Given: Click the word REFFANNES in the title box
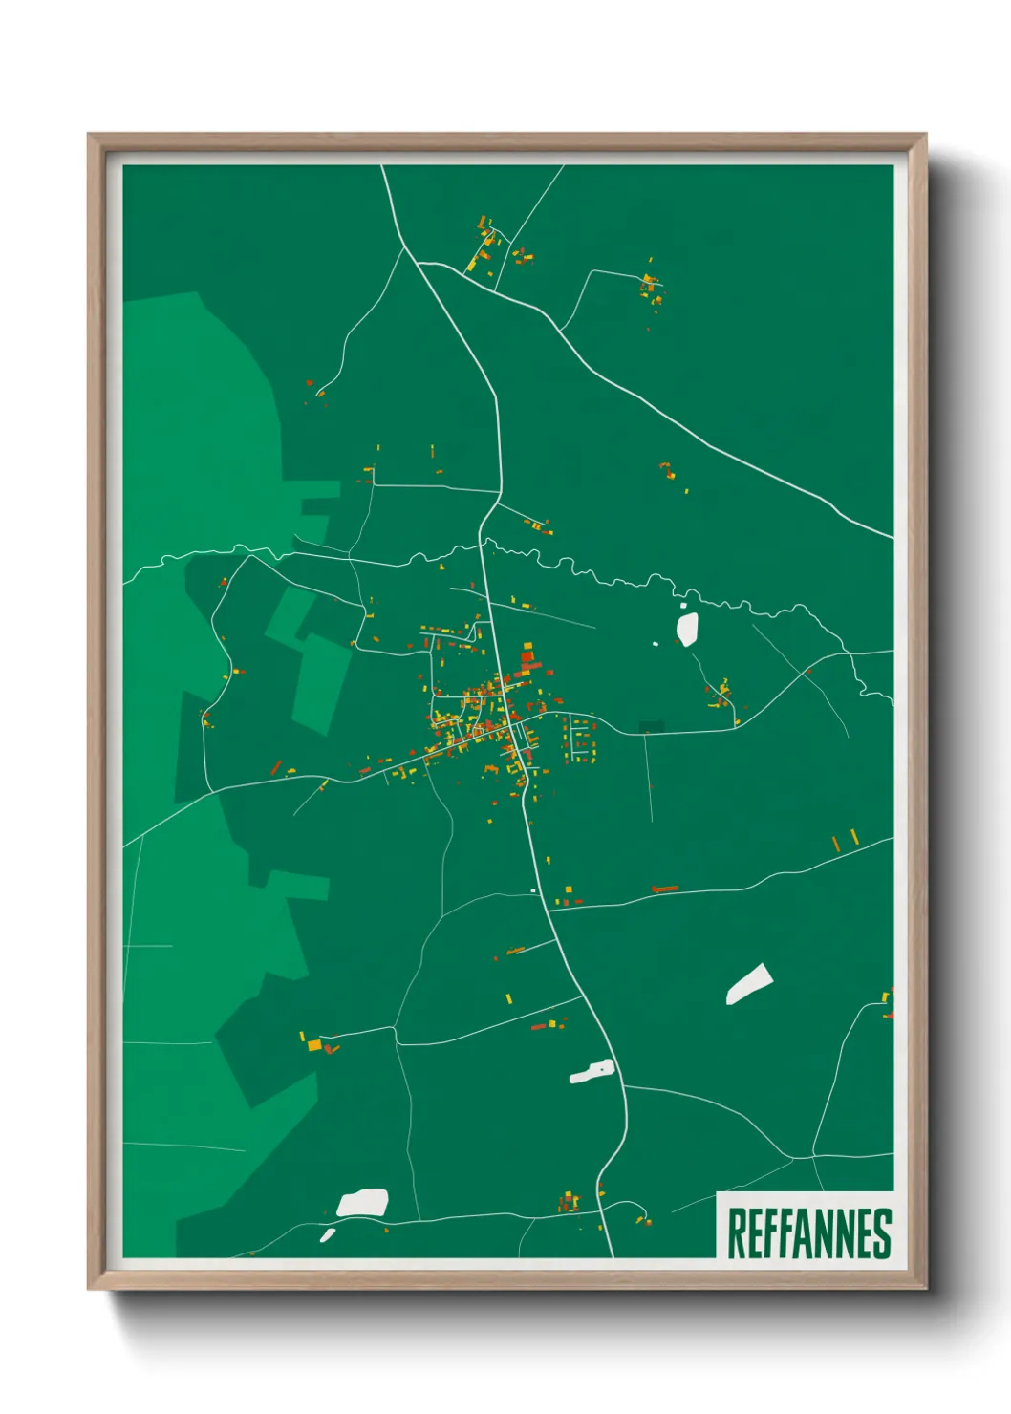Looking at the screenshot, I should [809, 1233].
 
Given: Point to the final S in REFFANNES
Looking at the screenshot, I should [883, 1233].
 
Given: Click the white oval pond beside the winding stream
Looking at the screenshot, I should [687, 628].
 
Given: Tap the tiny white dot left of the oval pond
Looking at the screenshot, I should [656, 643].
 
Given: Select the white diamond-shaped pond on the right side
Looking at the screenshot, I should [749, 985].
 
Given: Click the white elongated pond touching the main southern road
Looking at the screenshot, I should [592, 1072].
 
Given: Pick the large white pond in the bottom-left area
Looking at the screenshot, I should [363, 1203].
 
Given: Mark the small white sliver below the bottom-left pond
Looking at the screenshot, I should [327, 1235].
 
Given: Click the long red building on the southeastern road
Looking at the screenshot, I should [664, 889].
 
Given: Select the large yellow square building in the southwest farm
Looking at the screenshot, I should [314, 1045].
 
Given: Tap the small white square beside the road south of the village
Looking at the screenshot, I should [533, 891].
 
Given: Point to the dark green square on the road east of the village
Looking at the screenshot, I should [651, 727].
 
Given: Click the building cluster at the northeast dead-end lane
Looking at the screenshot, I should [652, 288].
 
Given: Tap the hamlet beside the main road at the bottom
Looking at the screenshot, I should [570, 1202].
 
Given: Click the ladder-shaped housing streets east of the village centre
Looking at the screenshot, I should [580, 740].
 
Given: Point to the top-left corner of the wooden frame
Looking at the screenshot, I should [89, 135].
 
